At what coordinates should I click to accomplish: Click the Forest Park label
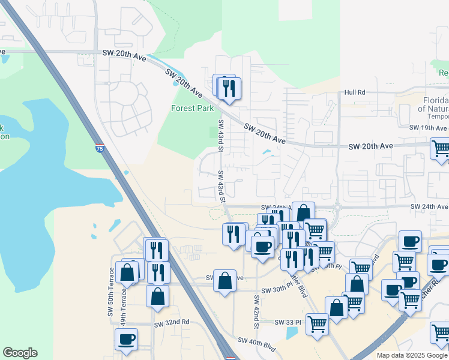(x=192, y=109)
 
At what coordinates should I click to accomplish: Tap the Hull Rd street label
(x=355, y=92)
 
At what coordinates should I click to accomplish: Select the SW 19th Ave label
(x=429, y=128)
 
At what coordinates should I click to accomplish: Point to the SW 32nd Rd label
(x=171, y=322)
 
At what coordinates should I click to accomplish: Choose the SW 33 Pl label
(x=287, y=322)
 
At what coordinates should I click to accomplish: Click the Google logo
(x=20, y=353)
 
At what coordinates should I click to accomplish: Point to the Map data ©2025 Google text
(x=412, y=355)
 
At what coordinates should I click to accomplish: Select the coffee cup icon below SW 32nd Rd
(x=127, y=339)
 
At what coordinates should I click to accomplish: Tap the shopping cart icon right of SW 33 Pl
(x=317, y=324)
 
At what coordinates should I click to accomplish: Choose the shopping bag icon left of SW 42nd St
(x=224, y=281)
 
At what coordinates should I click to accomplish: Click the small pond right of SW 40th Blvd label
(x=292, y=332)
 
